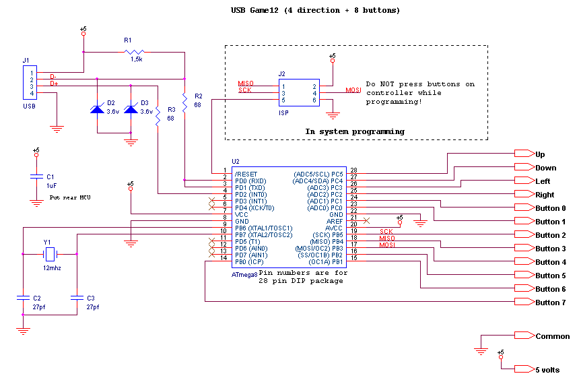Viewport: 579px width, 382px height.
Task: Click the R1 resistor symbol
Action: click(135, 52)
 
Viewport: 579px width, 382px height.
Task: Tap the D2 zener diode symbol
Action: click(97, 108)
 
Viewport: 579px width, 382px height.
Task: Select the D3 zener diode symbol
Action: click(131, 108)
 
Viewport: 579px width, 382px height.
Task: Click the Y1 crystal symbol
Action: click(50, 254)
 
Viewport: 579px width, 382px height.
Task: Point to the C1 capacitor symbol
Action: click(36, 177)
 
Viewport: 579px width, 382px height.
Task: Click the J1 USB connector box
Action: click(30, 82)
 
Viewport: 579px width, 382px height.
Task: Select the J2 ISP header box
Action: click(299, 93)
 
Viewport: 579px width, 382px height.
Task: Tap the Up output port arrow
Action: click(524, 154)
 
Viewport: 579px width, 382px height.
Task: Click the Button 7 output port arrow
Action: click(524, 301)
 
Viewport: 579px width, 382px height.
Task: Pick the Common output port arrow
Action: click(524, 335)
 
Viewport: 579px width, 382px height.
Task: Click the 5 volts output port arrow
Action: click(524, 369)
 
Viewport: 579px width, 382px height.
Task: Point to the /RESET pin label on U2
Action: click(246, 174)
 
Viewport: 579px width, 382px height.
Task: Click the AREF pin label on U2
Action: click(335, 221)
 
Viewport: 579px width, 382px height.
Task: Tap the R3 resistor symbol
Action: click(158, 117)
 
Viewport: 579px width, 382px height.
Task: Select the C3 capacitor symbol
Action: click(77, 298)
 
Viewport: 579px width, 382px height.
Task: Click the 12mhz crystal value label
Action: click(52, 268)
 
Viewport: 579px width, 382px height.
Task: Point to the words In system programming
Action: click(355, 131)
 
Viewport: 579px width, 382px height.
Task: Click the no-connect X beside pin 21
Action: click(366, 220)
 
